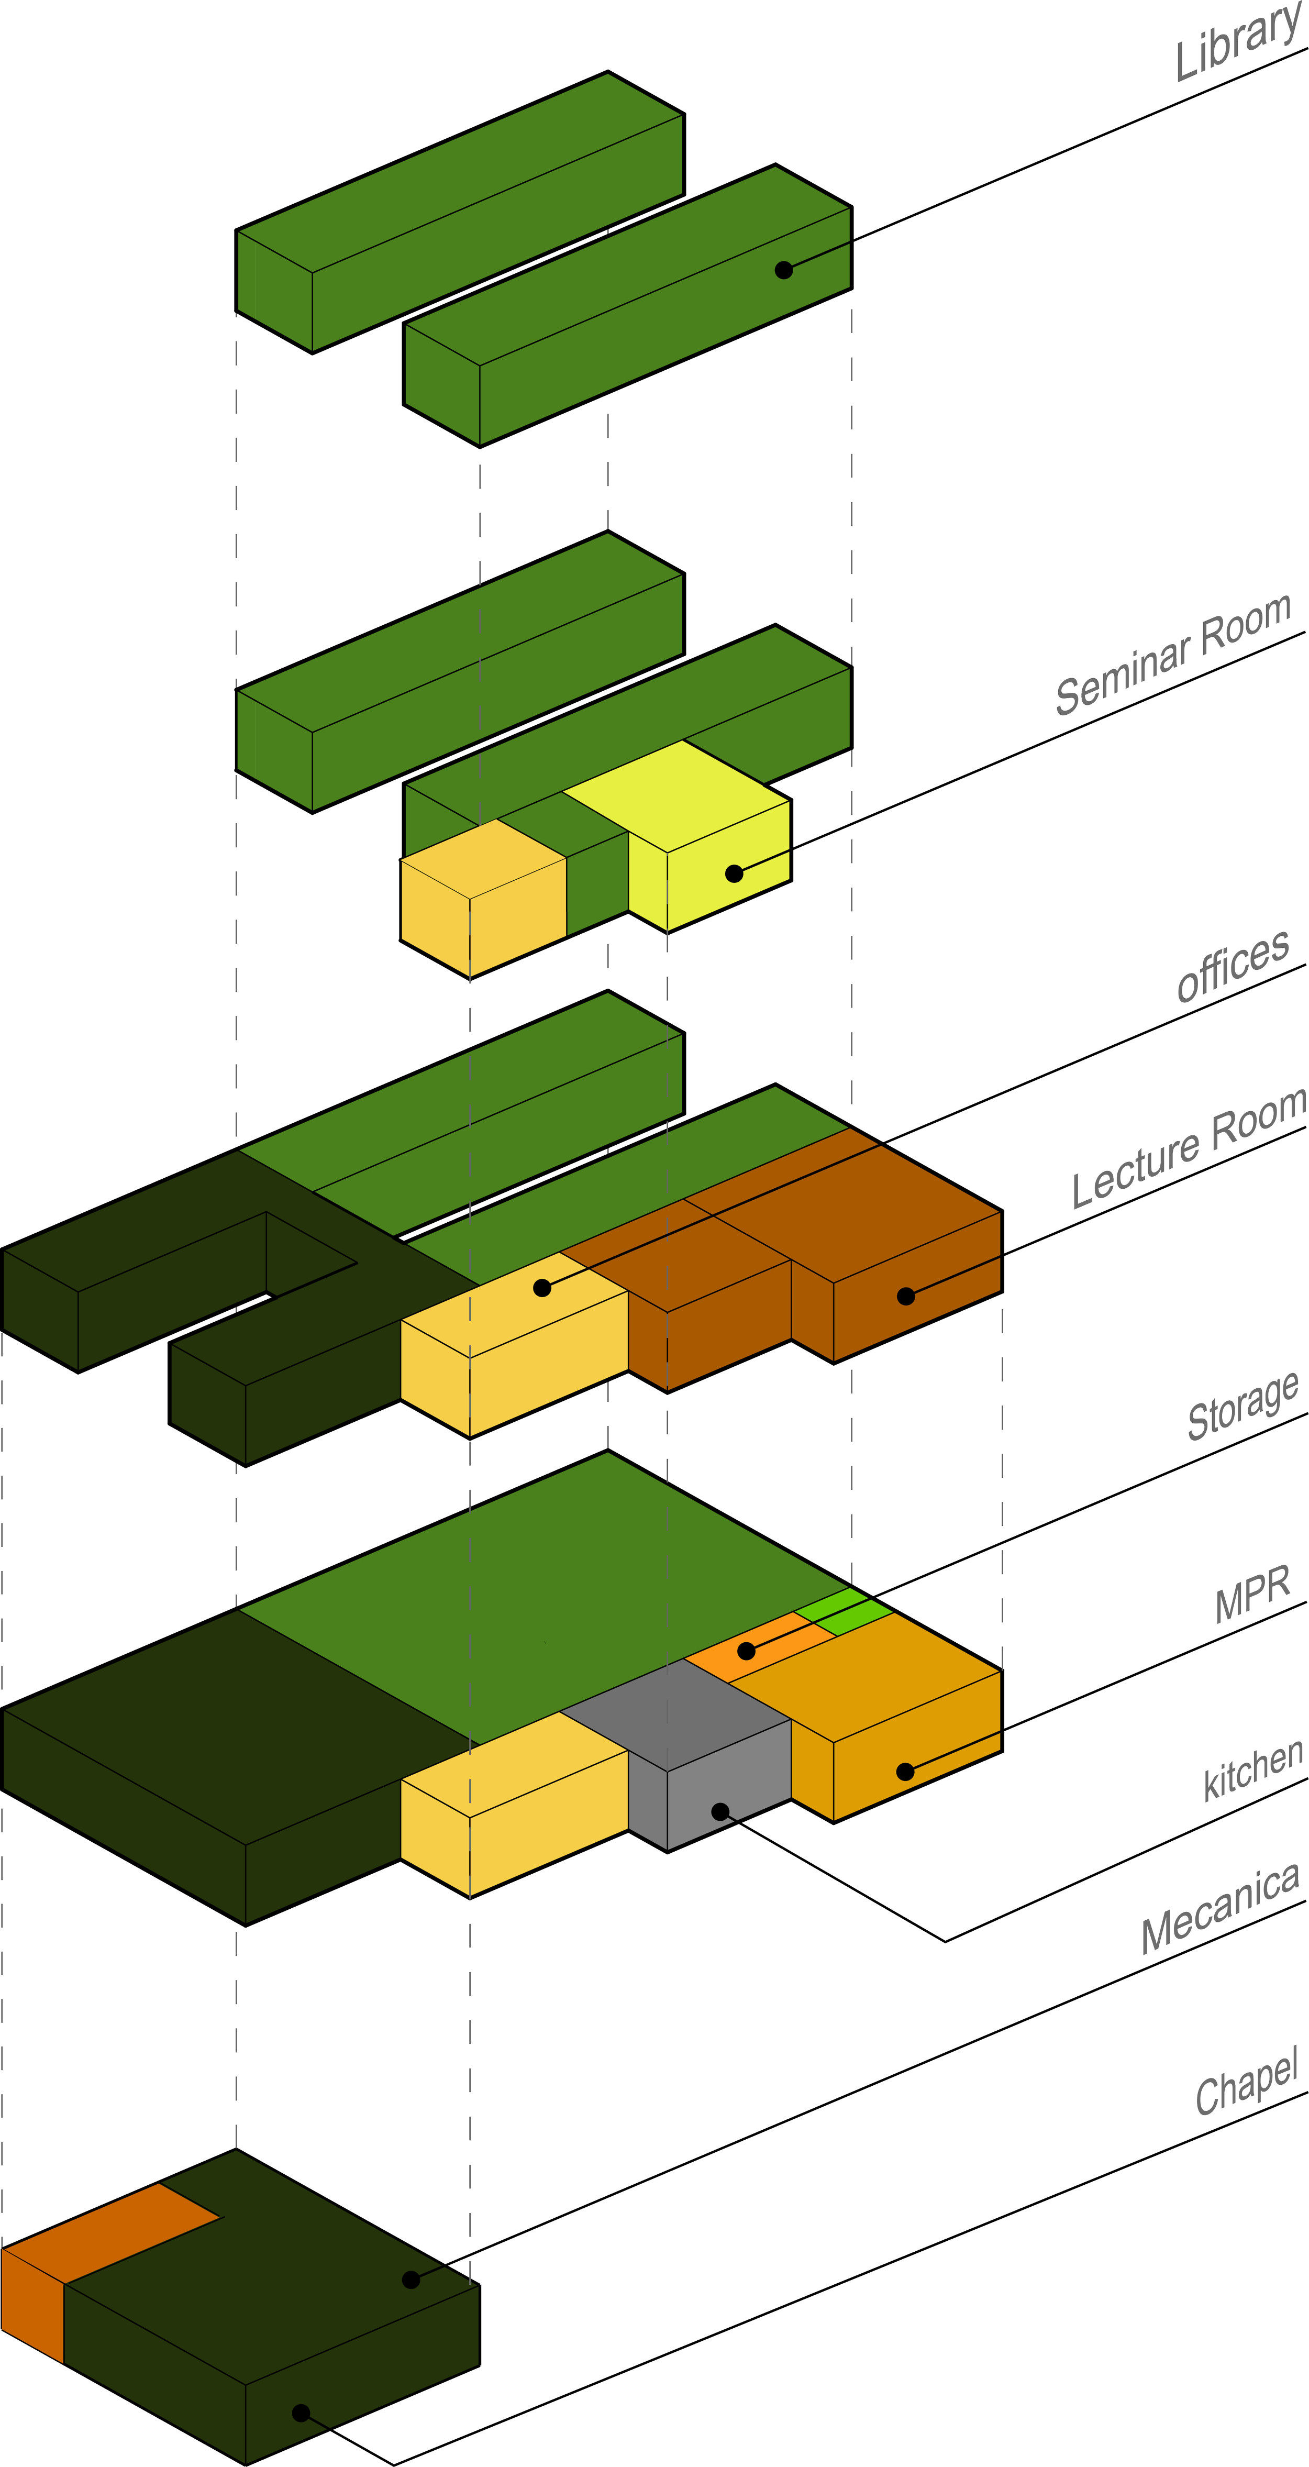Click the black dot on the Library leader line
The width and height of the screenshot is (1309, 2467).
(783, 270)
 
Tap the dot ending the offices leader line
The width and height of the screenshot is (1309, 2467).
(542, 1288)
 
